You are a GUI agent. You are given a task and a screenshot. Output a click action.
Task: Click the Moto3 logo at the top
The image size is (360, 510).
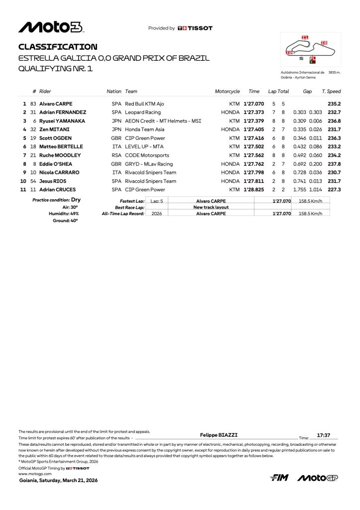[51, 27]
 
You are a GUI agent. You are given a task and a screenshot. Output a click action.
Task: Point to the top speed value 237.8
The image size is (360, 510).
[334, 163]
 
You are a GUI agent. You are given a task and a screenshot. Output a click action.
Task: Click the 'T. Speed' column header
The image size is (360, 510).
[331, 92]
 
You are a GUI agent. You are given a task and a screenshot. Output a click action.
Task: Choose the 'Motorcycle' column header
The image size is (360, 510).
[227, 92]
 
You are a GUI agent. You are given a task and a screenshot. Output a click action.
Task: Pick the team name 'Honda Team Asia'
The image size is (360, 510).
[144, 129]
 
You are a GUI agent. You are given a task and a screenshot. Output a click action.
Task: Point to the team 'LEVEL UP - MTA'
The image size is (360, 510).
[144, 146]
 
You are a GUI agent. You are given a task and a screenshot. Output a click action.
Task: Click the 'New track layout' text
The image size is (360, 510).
[211, 207]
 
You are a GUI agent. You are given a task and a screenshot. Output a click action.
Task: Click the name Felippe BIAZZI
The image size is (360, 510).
[219, 435]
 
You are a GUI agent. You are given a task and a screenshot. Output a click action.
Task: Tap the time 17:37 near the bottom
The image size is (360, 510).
[324, 435]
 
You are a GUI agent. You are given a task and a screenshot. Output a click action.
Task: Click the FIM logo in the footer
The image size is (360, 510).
[279, 478]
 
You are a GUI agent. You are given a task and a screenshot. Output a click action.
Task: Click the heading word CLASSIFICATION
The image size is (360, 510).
[58, 47]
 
